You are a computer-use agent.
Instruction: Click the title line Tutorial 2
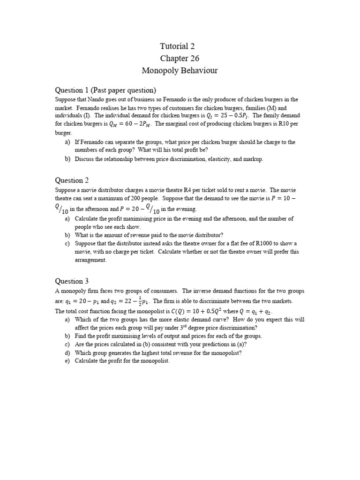177,46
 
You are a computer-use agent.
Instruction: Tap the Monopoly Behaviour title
180,71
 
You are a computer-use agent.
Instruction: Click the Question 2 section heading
72,180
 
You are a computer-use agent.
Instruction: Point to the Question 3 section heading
72,281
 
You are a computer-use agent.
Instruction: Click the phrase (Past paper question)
123,90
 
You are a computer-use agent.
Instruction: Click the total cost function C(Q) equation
191,311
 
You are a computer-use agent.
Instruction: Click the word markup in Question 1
253,159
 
